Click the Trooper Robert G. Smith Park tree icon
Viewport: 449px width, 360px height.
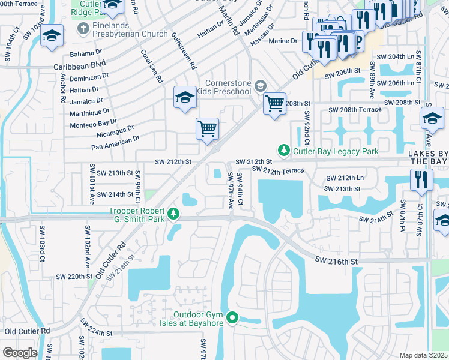point(173,214)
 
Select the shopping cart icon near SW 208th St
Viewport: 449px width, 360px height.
point(274,103)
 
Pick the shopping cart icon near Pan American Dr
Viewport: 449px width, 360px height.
point(207,128)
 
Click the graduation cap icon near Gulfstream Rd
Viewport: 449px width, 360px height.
point(185,97)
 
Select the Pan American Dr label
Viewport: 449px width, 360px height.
point(115,142)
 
